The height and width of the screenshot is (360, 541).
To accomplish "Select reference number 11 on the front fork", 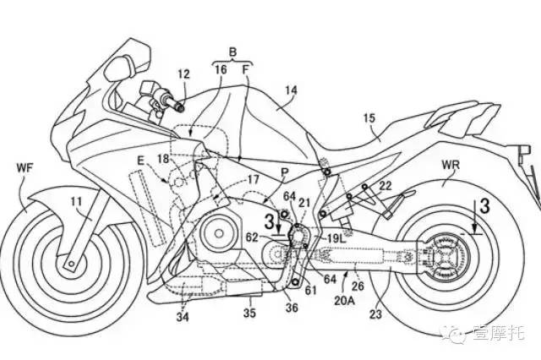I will click(x=76, y=201).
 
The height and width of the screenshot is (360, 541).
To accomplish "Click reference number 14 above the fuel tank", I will click(x=292, y=87).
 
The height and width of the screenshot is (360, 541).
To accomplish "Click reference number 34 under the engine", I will click(x=183, y=318).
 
